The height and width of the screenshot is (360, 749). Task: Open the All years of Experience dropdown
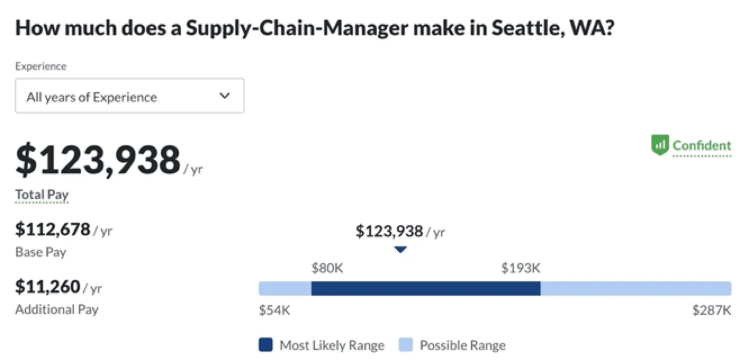click(x=129, y=96)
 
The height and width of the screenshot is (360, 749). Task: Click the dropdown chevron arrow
click(x=224, y=96)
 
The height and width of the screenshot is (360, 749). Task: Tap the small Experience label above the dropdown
click(x=40, y=66)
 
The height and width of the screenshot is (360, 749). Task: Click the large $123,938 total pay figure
click(x=98, y=160)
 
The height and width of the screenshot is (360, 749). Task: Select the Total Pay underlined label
click(x=42, y=195)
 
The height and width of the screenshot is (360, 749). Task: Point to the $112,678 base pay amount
click(x=53, y=229)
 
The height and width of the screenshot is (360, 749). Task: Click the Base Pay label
click(x=40, y=252)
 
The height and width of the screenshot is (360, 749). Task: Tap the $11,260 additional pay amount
click(x=48, y=287)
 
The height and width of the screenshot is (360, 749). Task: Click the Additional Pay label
click(x=56, y=309)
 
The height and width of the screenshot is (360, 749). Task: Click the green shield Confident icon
click(x=660, y=145)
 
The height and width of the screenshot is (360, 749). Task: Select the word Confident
click(x=702, y=146)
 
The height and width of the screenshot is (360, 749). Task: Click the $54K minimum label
click(x=274, y=310)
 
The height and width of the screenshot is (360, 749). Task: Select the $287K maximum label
click(x=712, y=310)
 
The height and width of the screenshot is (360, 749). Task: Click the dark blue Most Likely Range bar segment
click(x=426, y=289)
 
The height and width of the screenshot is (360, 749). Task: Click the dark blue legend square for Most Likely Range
click(x=265, y=345)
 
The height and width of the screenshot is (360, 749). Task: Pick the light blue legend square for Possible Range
click(x=405, y=345)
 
